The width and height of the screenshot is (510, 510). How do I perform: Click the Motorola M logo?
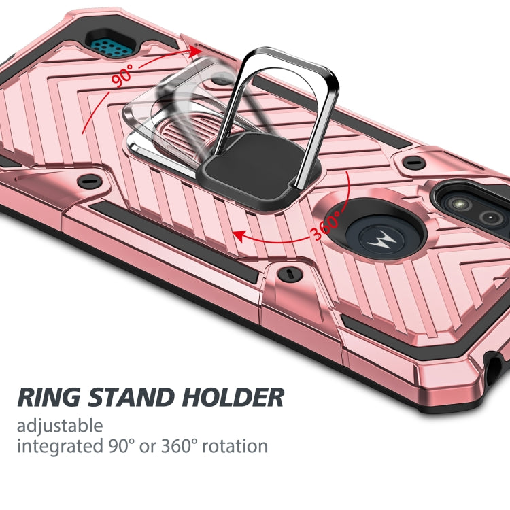point(376,238)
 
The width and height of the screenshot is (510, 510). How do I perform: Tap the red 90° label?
point(124,76)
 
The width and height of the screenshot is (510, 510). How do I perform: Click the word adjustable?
point(60,426)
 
